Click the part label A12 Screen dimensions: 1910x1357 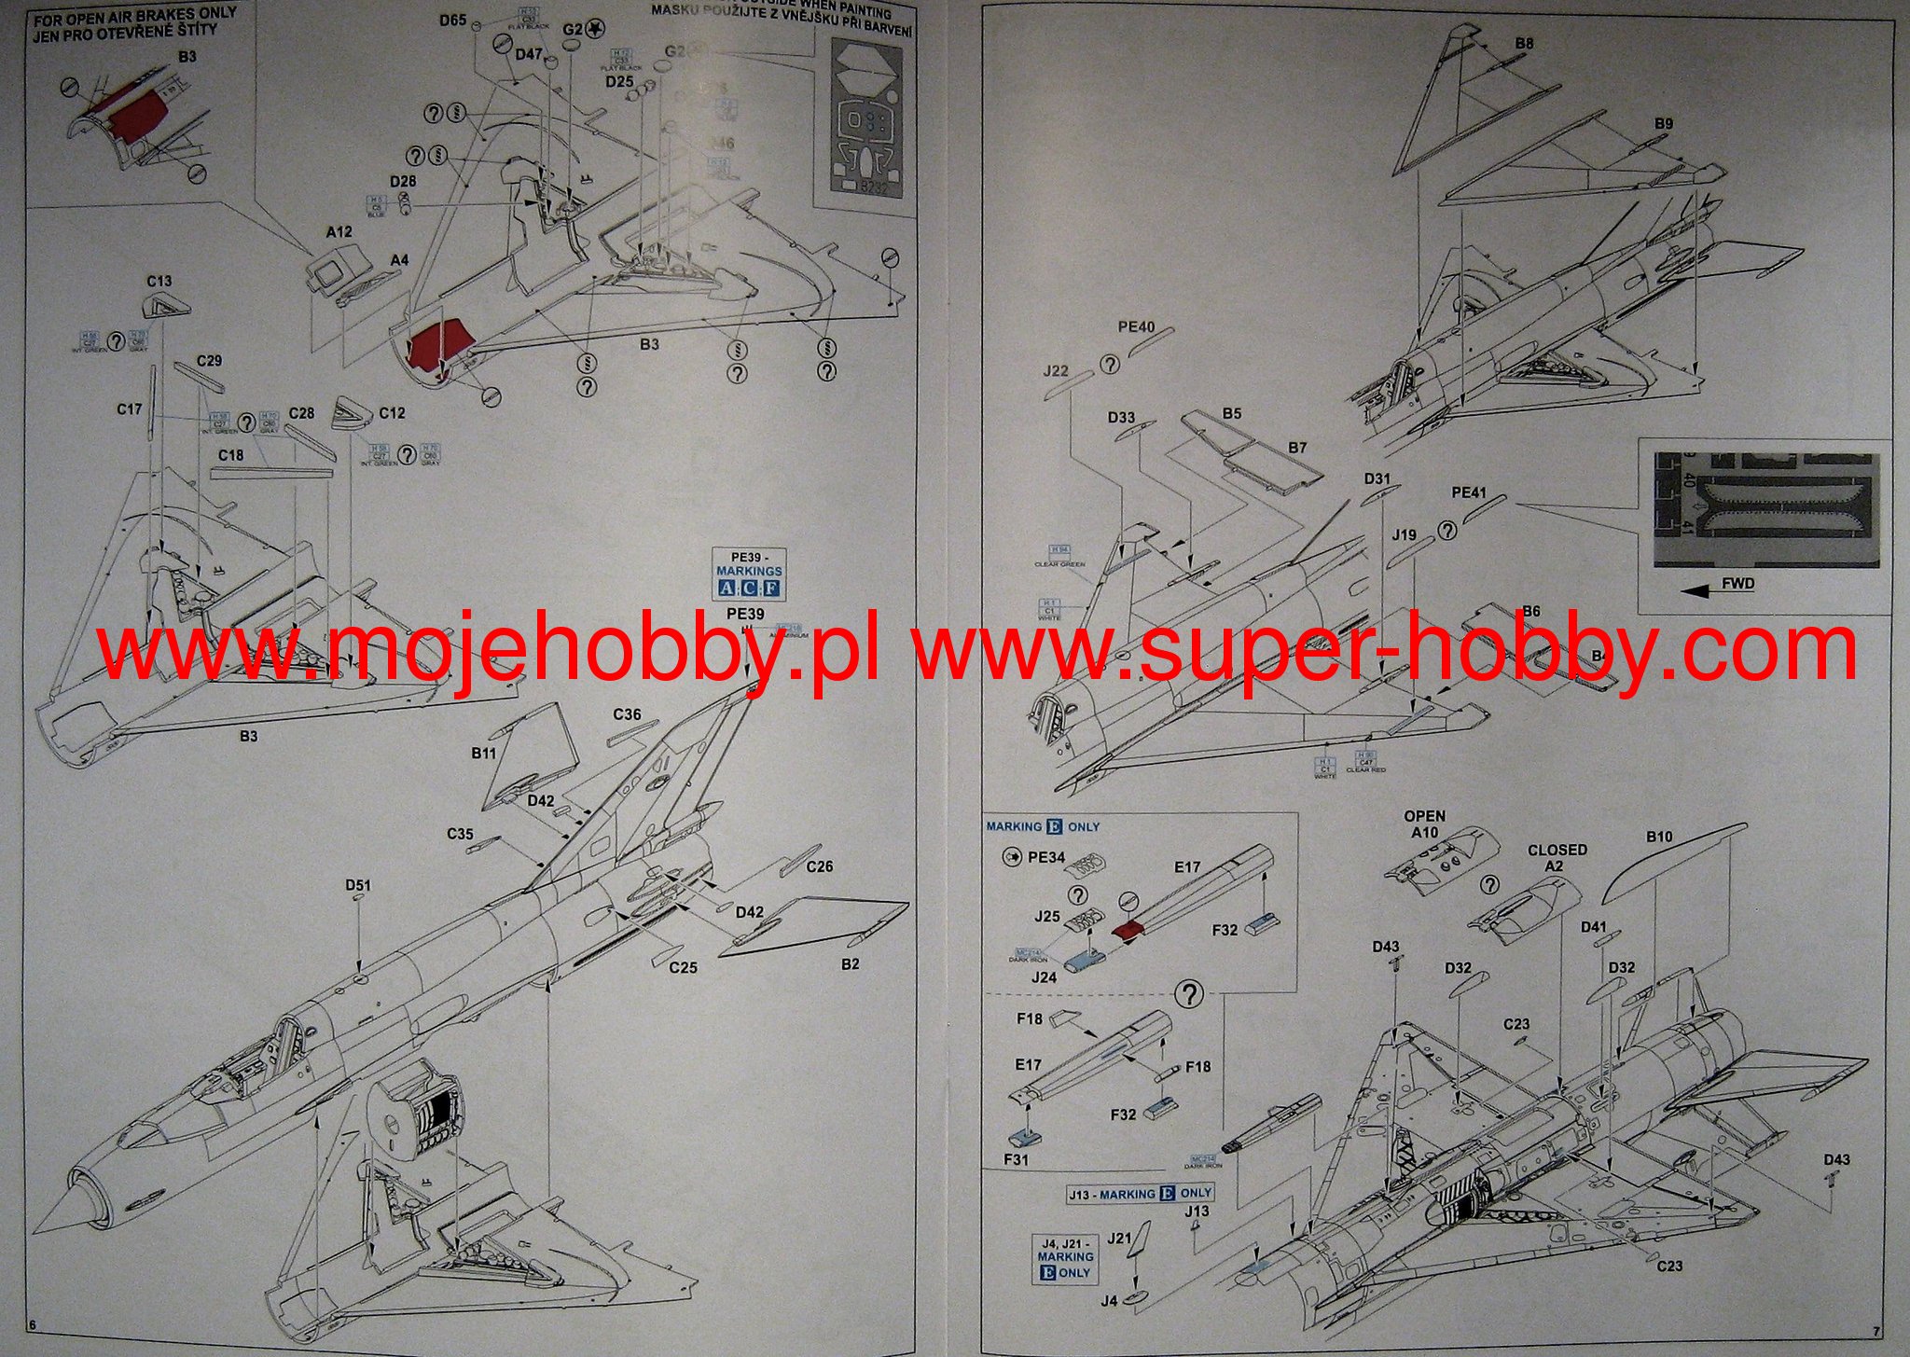[339, 231]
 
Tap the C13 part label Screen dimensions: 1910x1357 [159, 281]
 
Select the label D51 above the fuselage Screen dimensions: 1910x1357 [358, 885]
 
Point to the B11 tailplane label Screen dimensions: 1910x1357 [483, 753]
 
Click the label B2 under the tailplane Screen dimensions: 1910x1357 [850, 964]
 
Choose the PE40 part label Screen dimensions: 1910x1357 [1136, 327]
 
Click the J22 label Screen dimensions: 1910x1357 [1056, 370]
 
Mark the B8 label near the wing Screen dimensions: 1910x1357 [1524, 44]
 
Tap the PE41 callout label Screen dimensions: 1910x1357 [1469, 492]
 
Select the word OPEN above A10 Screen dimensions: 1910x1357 [1424, 816]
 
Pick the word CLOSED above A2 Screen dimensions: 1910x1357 [1557, 850]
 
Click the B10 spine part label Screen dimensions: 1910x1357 [1659, 837]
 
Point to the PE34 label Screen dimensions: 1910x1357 [1045, 857]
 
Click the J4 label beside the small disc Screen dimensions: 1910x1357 [1108, 1300]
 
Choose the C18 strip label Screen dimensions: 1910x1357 [230, 455]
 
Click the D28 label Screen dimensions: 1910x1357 [403, 181]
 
